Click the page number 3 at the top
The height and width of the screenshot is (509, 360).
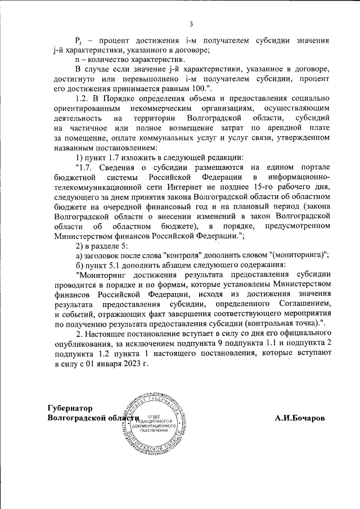pos(191,24)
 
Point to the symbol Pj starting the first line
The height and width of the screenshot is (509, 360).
pos(79,41)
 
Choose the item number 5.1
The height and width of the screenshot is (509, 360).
pos(116,265)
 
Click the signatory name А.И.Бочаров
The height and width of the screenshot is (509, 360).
pos(300,419)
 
